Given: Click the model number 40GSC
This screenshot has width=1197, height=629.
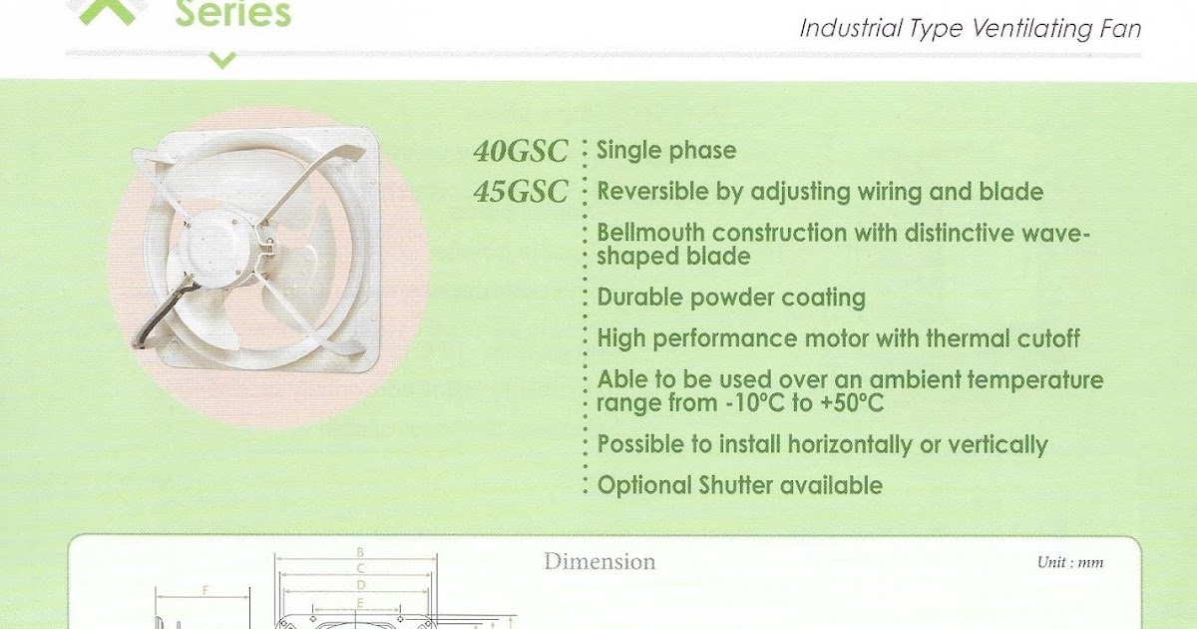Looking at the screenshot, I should (521, 152).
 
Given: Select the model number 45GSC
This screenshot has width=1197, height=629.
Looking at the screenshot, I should (521, 192).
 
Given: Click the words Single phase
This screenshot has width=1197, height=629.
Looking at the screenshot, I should (666, 151).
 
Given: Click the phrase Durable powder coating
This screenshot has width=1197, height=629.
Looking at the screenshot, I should (731, 298).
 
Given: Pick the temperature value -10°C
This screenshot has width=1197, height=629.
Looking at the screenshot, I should (750, 404).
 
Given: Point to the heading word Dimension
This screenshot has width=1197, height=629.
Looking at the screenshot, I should (599, 561).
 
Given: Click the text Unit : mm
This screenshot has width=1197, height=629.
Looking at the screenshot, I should (1070, 562).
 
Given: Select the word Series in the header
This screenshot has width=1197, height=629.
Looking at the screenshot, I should (232, 14).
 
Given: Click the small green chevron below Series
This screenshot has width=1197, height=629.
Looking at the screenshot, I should (222, 61).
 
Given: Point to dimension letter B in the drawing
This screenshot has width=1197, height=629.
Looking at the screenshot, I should (360, 551).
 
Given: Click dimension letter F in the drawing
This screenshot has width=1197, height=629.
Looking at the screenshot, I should (205, 590).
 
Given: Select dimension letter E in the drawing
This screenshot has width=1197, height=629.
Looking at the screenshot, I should (360, 601).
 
